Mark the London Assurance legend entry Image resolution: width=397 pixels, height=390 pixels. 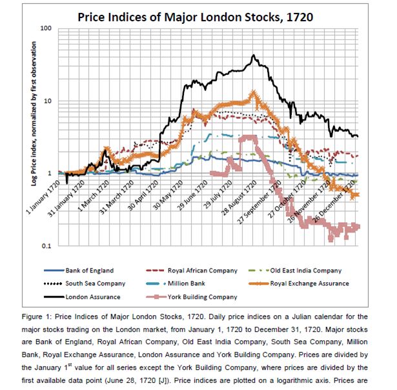coord(90,297)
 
